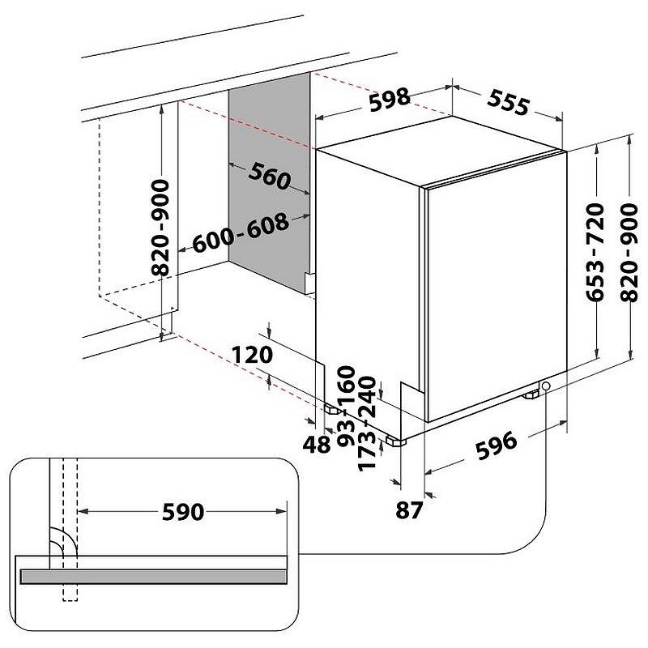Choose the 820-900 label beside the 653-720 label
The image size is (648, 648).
pos(633,253)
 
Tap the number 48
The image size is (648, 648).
pos(319,444)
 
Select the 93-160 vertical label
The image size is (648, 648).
pos(346,404)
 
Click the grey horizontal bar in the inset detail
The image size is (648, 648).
pos(154,576)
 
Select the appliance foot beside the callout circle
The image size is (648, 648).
pos(532,394)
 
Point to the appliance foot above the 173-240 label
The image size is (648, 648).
pos(394,443)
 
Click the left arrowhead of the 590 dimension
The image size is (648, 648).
pos(83,511)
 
